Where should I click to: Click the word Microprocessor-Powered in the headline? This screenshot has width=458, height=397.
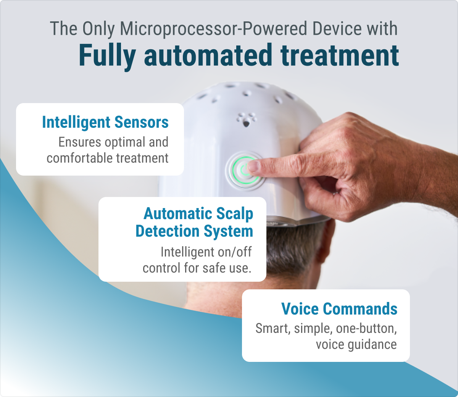click(x=213, y=29)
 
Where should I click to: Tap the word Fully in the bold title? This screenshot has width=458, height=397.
click(x=107, y=56)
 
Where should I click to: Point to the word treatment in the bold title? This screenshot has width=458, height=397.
click(x=340, y=55)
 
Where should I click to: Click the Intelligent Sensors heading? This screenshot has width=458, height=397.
click(x=105, y=122)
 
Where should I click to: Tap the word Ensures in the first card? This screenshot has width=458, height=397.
click(x=80, y=142)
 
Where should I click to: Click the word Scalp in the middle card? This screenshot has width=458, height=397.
click(x=234, y=214)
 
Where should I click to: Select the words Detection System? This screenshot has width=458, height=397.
click(x=194, y=231)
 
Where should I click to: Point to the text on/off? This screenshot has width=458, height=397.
click(x=235, y=252)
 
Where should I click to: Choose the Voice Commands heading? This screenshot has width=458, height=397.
click(x=339, y=308)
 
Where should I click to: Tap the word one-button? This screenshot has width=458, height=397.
click(x=366, y=328)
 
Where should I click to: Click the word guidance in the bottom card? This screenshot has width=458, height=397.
click(x=372, y=345)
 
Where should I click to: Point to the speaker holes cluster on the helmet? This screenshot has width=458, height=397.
click(x=246, y=120)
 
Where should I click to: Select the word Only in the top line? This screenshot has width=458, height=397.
click(x=98, y=29)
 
